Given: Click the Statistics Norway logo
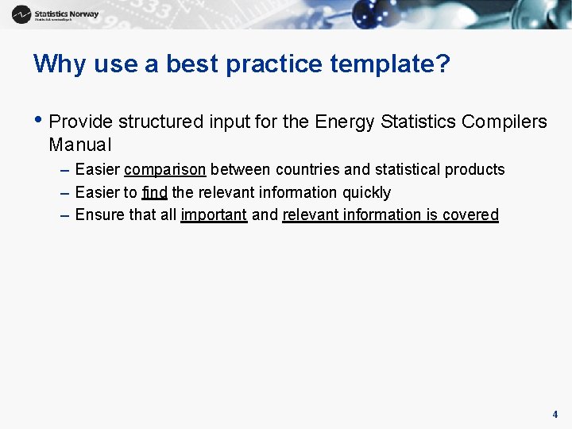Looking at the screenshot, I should (x=55, y=14).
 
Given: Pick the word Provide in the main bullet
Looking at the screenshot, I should (x=81, y=122).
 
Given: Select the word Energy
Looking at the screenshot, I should (x=346, y=122).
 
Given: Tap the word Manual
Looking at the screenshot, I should (x=80, y=145).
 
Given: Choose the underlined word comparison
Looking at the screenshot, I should (x=165, y=169).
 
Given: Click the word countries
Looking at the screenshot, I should (x=307, y=169).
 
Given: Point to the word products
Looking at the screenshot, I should (x=474, y=169).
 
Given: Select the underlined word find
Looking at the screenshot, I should (x=154, y=192).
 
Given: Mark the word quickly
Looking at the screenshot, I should (x=366, y=192).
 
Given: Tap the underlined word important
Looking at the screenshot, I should (x=214, y=214).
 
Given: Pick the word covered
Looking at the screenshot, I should (x=472, y=214).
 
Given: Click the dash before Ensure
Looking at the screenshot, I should (x=64, y=214).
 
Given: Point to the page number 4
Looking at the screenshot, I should (x=555, y=414).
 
